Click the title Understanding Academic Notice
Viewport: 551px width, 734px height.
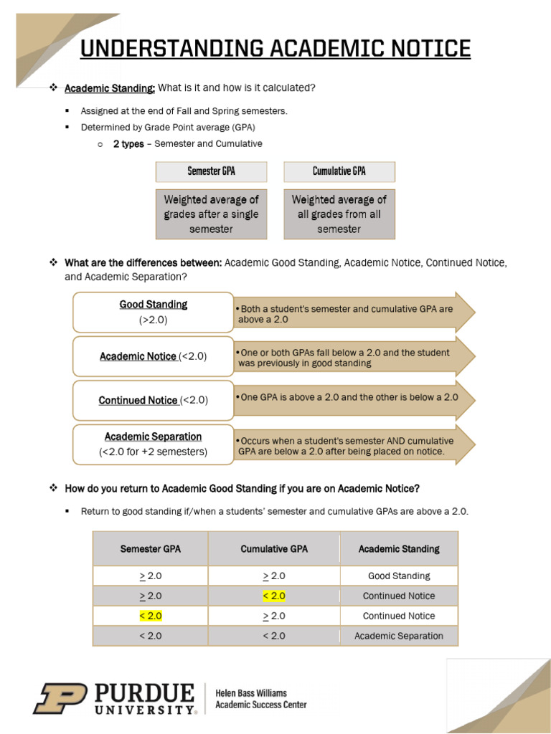275,49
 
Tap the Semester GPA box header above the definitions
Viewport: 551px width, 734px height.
211,171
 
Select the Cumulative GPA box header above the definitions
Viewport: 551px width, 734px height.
339,171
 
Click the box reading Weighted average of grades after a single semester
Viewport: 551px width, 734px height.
211,214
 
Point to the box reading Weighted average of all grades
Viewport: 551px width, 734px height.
339,214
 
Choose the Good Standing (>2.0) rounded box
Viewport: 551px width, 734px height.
153,313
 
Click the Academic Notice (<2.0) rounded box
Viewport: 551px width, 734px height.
153,357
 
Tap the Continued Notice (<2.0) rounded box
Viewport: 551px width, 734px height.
153,401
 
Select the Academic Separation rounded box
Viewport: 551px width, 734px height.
153,444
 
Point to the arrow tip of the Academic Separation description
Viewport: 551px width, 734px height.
467,444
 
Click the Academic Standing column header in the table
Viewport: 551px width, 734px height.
399,549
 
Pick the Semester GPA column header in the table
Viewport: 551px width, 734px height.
151,549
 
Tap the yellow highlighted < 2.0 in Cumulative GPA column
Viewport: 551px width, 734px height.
274,596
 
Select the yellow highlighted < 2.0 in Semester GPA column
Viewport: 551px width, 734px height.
151,616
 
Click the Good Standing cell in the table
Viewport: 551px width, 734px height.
399,576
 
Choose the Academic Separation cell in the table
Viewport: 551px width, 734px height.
399,636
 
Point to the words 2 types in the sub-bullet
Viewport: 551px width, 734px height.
128,144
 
